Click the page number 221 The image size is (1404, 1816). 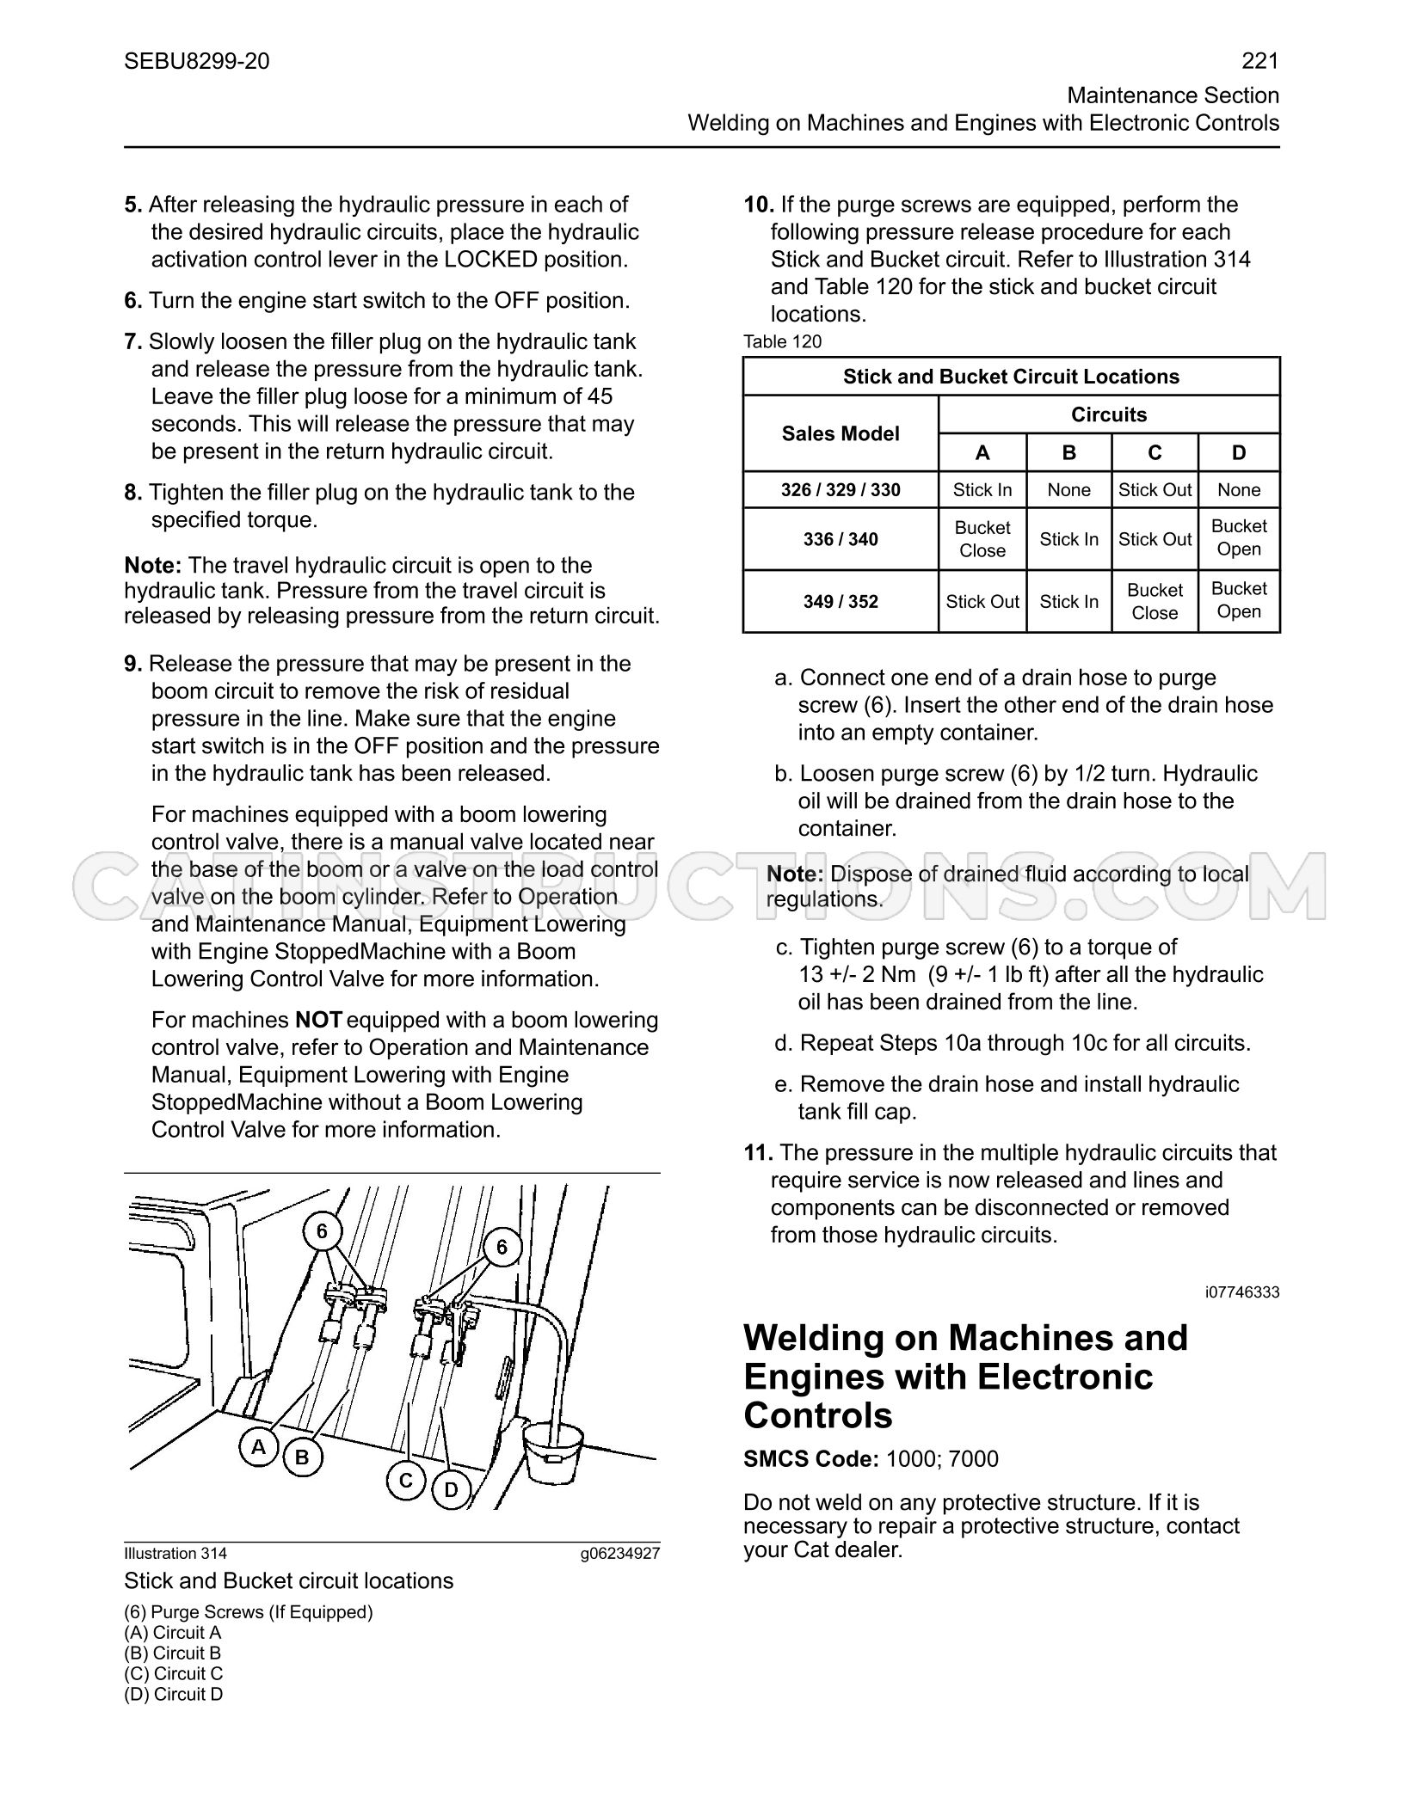(x=1260, y=61)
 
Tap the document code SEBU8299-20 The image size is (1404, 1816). (x=197, y=61)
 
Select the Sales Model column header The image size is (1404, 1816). (x=841, y=433)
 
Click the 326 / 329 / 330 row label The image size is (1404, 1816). (x=841, y=490)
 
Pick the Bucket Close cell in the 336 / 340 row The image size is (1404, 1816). (x=982, y=539)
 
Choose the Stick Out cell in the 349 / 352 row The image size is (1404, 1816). (x=982, y=602)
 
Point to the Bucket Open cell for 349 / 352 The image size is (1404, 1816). (x=1239, y=600)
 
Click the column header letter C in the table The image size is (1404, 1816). (x=1155, y=453)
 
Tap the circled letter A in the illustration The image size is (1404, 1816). (x=258, y=1447)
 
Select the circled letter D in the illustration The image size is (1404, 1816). (x=452, y=1489)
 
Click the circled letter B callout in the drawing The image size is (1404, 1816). (x=302, y=1457)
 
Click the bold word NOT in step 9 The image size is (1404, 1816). (x=318, y=1020)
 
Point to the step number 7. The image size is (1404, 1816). (x=133, y=341)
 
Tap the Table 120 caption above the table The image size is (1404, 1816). (x=782, y=341)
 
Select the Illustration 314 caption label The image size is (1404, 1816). (x=175, y=1553)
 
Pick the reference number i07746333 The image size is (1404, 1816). (x=1242, y=1291)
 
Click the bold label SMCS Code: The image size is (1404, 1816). (x=811, y=1459)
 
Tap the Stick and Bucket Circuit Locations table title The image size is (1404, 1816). (x=1011, y=377)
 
